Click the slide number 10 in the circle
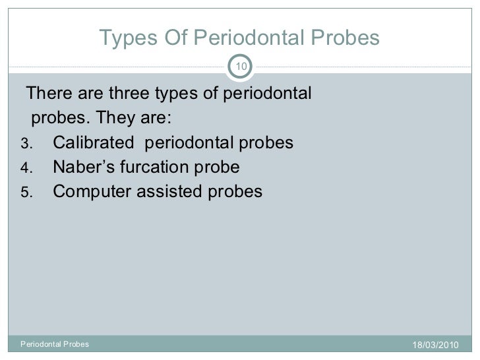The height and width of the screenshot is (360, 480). (240, 65)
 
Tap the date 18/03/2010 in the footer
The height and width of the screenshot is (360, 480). (435, 345)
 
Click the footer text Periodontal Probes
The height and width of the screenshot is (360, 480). (55, 344)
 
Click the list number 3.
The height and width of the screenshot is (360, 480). (26, 144)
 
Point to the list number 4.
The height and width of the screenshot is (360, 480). (26, 168)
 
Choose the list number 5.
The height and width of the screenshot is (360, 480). (26, 193)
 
